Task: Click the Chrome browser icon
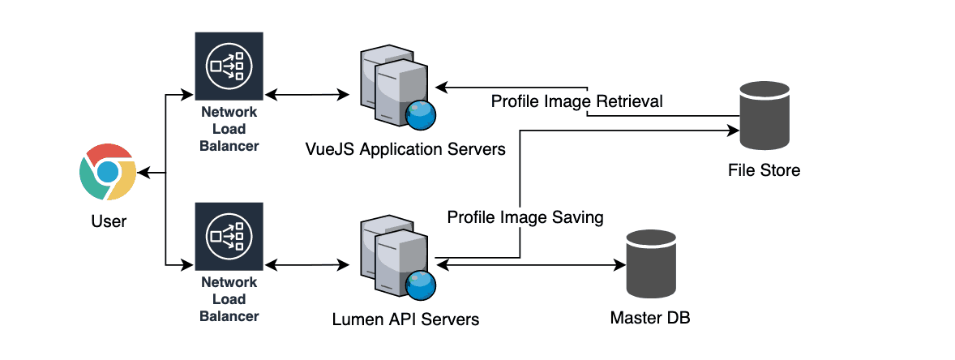point(107,172)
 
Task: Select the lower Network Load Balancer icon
point(229,237)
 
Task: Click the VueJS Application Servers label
point(405,150)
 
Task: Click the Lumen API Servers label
point(405,319)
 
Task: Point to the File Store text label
point(763,170)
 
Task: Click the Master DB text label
point(650,316)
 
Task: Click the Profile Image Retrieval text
point(576,102)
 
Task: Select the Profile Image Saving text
point(525,217)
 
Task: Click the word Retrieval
point(630,102)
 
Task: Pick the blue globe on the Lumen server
point(421,285)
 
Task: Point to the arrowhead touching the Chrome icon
point(143,173)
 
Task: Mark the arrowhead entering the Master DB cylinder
point(620,264)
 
